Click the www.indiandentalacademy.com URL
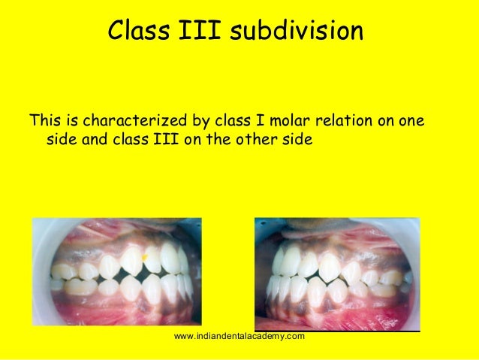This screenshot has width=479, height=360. [x=239, y=336]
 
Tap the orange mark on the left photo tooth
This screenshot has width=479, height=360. [x=145, y=259]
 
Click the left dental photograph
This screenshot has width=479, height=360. [x=116, y=271]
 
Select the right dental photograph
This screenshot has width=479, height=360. [x=336, y=271]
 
